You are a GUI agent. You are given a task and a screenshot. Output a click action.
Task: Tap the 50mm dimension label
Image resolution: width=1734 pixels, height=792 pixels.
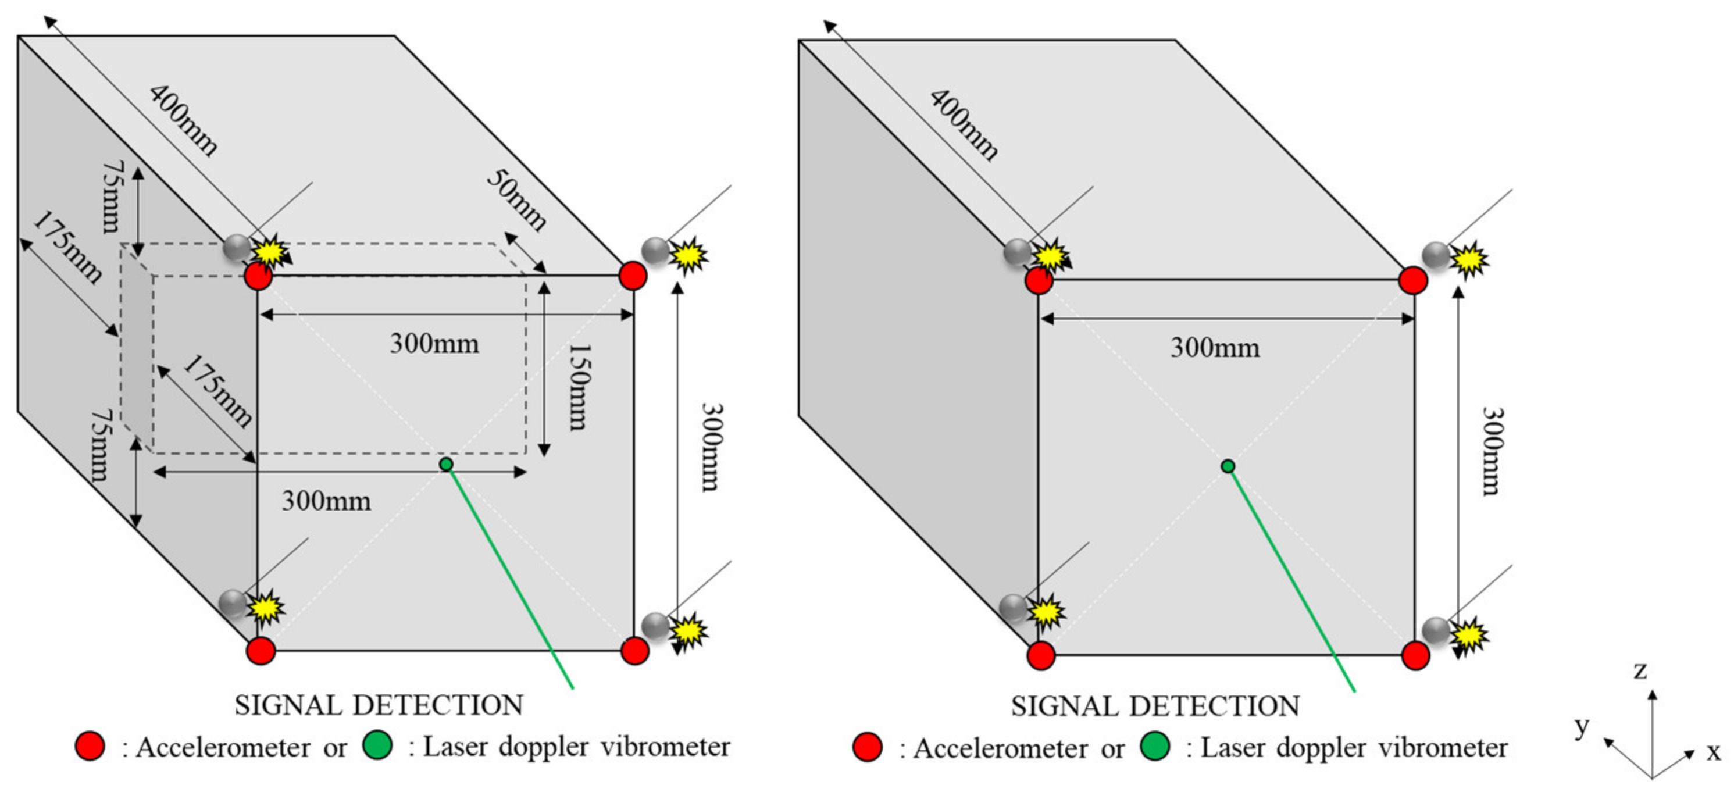coord(516,200)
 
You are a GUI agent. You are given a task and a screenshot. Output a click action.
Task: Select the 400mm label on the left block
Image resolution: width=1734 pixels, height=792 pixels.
coord(183,121)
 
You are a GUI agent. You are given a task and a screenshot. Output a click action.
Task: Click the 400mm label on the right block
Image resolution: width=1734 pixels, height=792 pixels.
coord(964,125)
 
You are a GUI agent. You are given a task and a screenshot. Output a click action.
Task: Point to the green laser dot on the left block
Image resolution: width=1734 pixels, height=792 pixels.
coord(445,464)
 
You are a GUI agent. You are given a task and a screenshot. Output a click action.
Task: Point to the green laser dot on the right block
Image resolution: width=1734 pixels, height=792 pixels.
coord(1228,466)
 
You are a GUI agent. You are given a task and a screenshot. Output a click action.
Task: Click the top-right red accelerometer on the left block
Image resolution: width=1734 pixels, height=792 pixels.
coord(632,276)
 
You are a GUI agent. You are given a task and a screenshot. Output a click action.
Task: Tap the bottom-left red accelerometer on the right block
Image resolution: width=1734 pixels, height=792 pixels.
coord(1041,655)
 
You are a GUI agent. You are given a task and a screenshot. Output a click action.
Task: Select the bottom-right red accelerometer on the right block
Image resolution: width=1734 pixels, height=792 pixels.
coord(1415,655)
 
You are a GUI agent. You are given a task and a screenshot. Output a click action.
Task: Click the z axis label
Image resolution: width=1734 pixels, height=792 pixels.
coord(1640,670)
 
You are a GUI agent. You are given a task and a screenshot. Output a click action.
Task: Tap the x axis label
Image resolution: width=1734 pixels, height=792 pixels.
coord(1713,751)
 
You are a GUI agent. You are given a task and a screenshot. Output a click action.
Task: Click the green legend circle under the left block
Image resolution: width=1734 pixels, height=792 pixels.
coord(377,745)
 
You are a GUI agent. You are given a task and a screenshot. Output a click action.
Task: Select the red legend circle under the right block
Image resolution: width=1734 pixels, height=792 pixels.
coord(867,747)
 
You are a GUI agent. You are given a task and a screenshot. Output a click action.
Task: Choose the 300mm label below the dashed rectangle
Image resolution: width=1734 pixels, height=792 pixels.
coord(326,501)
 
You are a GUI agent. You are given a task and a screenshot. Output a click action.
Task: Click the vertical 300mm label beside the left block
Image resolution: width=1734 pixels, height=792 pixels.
coord(711,448)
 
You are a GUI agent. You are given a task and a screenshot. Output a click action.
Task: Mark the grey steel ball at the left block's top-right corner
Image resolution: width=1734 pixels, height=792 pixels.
coord(655,250)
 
